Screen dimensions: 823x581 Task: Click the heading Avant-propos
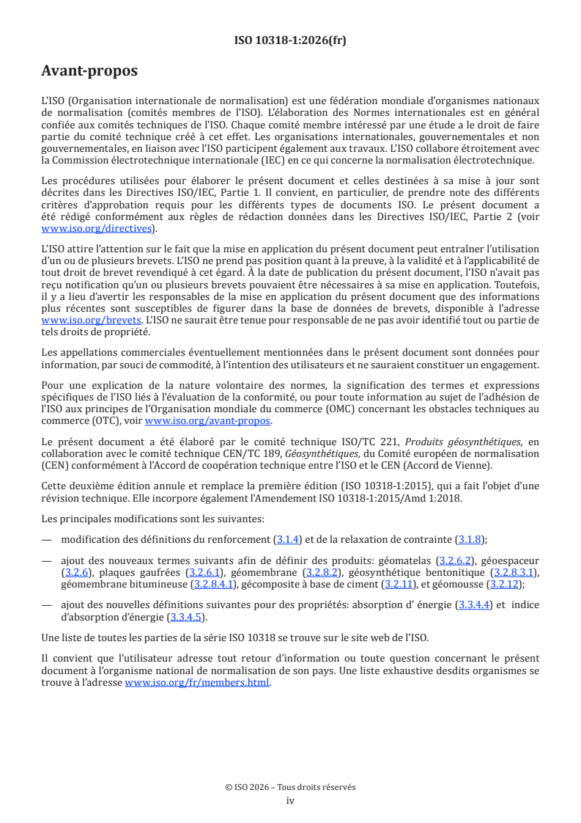(x=89, y=72)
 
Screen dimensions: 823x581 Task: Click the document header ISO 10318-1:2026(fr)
(x=290, y=41)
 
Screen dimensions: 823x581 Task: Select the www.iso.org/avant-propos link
(x=207, y=420)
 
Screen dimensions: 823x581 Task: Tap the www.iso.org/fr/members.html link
(x=197, y=682)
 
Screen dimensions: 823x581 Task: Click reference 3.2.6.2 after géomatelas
(x=458, y=560)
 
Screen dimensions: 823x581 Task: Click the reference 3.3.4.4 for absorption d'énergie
(x=475, y=605)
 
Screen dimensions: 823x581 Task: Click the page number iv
(x=290, y=800)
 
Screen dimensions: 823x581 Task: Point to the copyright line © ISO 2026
(x=290, y=787)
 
